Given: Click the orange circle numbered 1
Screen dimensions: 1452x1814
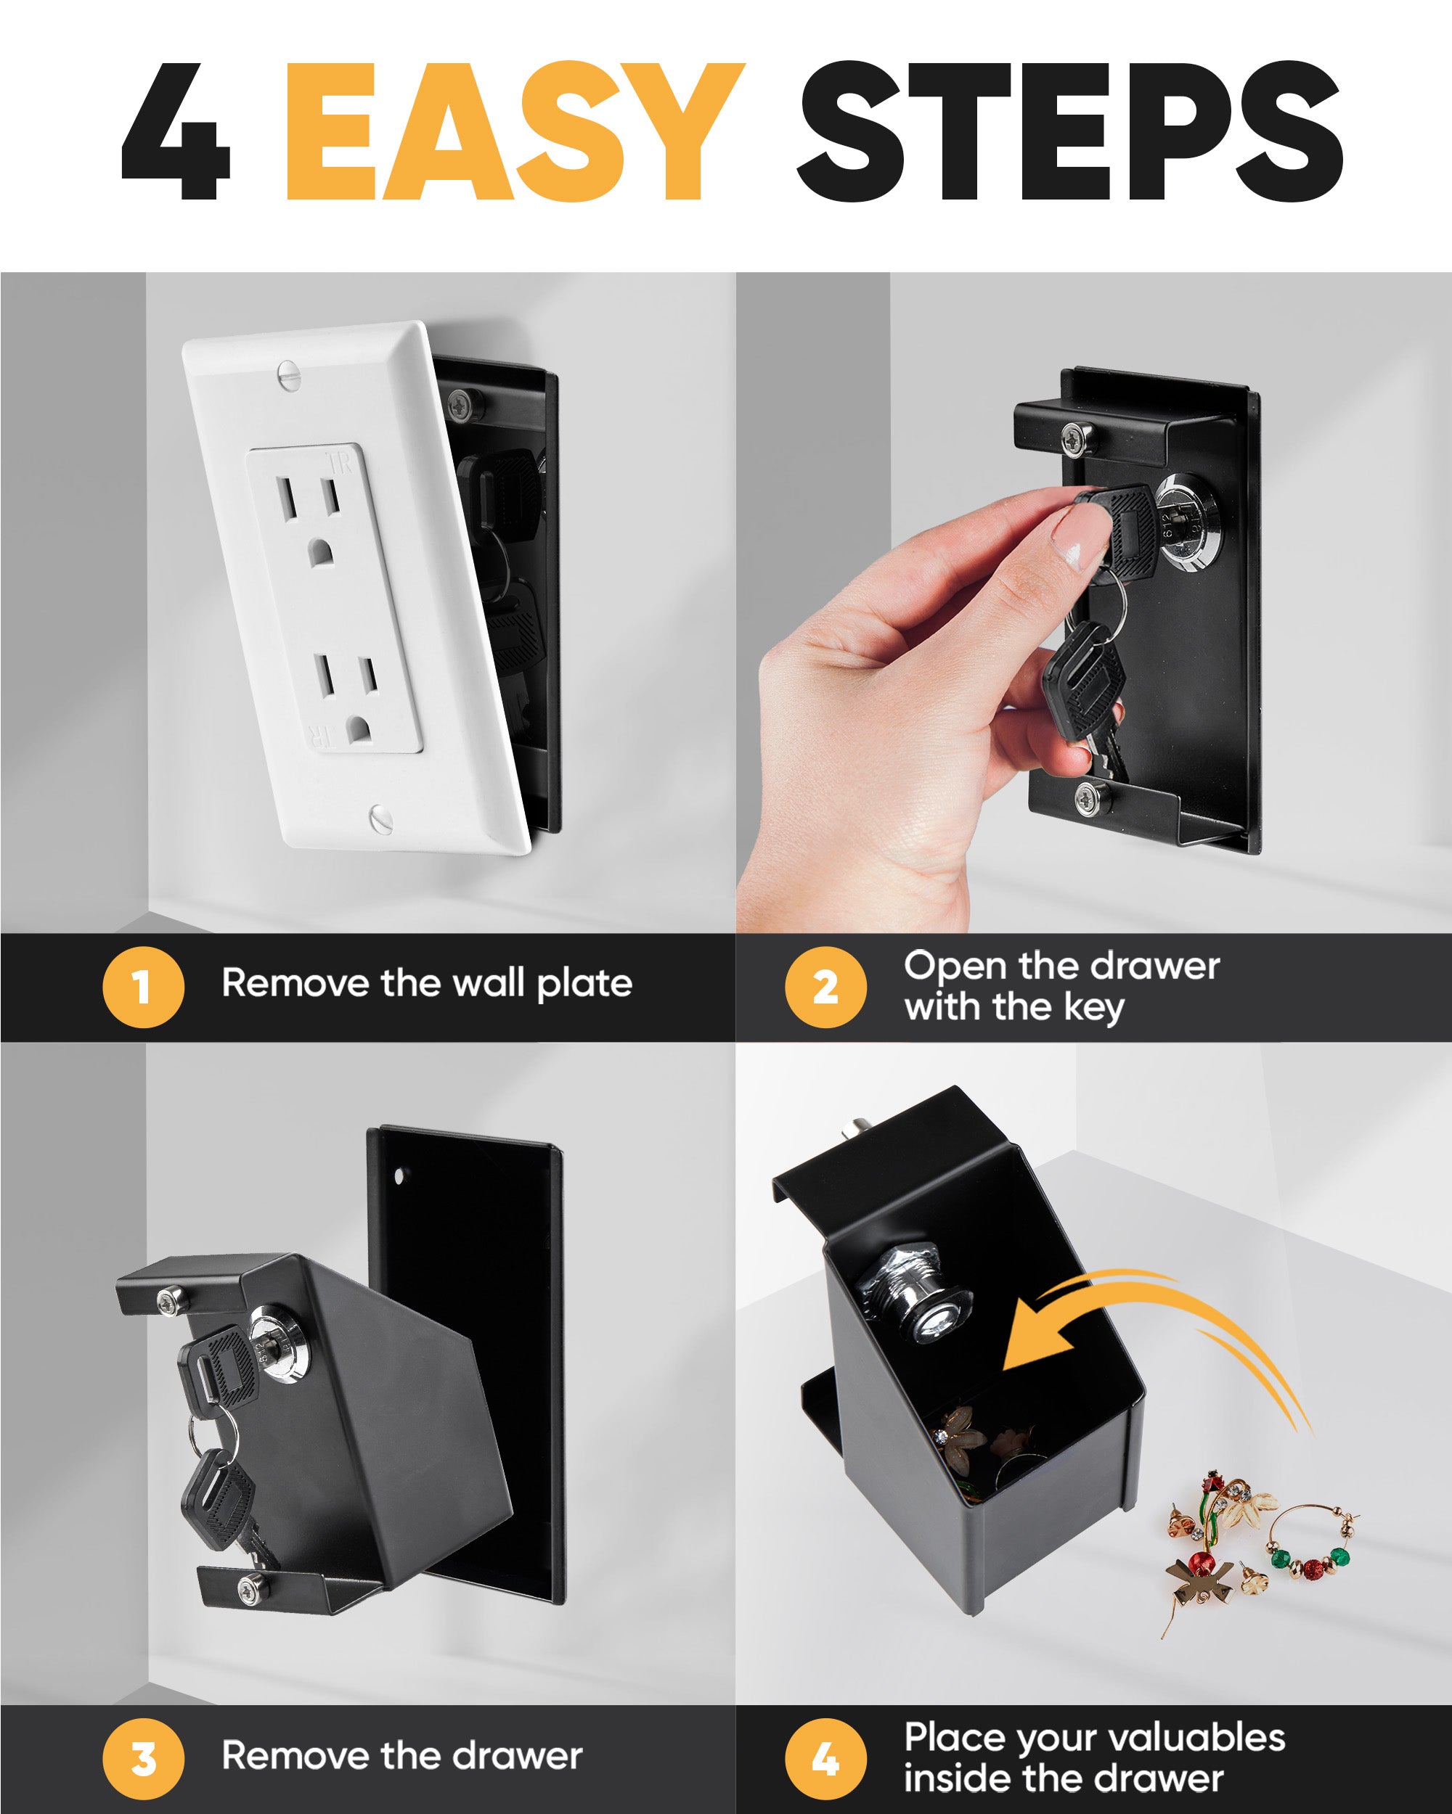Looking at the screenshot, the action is click(143, 987).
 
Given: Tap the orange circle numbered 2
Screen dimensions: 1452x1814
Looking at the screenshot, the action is click(825, 987).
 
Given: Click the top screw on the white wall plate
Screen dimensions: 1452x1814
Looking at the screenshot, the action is click(289, 373).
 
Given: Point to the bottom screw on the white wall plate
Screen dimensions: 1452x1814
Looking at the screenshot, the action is click(381, 816).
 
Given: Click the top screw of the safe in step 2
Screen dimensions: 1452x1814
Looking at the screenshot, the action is click(1073, 438).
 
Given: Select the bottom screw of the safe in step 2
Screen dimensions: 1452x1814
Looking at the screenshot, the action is click(1092, 796).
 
